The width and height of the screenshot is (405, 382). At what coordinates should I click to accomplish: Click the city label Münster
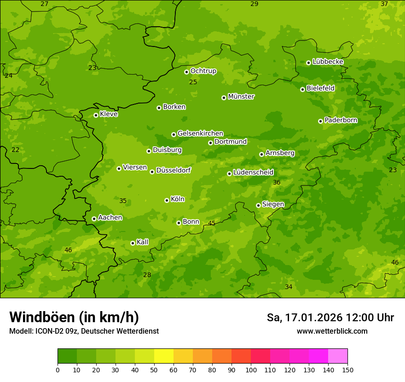(x=241, y=97)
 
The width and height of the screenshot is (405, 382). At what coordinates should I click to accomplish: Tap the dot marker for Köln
(x=167, y=200)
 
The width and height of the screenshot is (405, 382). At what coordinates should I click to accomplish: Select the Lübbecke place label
(x=328, y=62)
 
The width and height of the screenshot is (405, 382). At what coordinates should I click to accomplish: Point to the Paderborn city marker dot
(x=320, y=121)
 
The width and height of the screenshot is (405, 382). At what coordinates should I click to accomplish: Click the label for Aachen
(x=110, y=218)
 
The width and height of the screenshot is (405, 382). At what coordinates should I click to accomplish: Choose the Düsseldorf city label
(x=174, y=170)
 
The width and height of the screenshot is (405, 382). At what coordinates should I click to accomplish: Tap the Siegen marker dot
(x=258, y=205)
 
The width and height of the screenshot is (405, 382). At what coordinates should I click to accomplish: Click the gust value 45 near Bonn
(x=212, y=223)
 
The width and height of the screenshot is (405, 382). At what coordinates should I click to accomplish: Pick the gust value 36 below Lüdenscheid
(x=277, y=183)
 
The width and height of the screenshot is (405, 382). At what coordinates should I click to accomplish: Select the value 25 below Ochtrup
(x=193, y=82)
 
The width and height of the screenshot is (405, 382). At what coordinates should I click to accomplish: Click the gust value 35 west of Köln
(x=123, y=201)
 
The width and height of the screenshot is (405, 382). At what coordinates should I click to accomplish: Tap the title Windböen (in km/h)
(x=74, y=317)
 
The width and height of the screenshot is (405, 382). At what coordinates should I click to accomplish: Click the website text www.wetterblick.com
(x=332, y=331)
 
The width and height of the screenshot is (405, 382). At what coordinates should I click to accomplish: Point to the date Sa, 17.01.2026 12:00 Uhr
(x=330, y=318)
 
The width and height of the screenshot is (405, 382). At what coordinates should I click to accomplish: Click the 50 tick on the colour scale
(x=154, y=370)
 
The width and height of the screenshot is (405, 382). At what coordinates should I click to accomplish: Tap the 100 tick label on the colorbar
(x=251, y=370)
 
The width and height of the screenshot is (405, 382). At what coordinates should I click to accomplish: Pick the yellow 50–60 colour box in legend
(x=164, y=356)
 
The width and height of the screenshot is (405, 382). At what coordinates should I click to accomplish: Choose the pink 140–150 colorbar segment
(x=338, y=356)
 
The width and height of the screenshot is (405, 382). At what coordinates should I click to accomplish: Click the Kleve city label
(x=109, y=114)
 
